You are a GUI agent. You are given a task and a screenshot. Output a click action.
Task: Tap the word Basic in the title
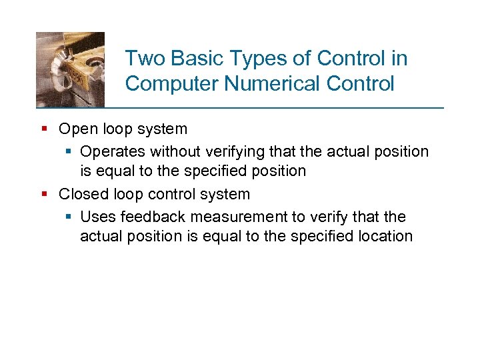191,59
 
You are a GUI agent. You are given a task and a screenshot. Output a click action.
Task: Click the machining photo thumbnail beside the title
70,69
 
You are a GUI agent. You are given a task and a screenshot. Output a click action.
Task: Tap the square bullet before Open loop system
44,129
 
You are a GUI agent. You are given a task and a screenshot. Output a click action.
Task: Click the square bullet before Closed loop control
44,195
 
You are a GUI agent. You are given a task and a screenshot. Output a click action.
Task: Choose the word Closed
81,195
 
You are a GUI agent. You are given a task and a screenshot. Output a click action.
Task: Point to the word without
169,151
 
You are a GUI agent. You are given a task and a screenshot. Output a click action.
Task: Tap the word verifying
227,152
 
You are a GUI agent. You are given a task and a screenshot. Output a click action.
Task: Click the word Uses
96,217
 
